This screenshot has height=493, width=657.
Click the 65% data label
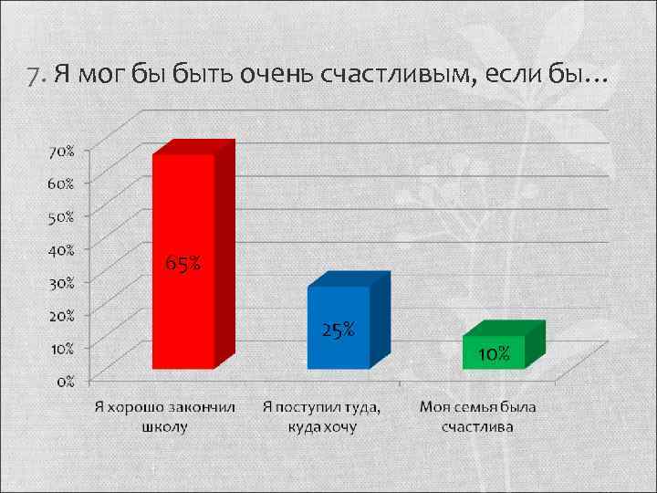[183, 265]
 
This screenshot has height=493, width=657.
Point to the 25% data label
[339, 330]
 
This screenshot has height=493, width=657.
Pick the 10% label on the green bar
[494, 354]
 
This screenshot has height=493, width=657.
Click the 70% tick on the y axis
[62, 151]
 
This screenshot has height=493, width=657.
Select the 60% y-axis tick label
[62, 183]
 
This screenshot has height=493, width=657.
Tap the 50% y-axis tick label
[62, 216]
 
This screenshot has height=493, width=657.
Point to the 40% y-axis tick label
[62, 248]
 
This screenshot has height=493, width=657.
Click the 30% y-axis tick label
[62, 282]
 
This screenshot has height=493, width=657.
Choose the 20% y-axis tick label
[62, 315]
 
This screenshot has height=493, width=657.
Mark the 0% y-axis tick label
[66, 381]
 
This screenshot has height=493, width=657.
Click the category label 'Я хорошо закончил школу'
[165, 415]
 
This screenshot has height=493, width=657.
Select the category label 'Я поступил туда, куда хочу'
[322, 415]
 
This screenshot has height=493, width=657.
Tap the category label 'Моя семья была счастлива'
[478, 415]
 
